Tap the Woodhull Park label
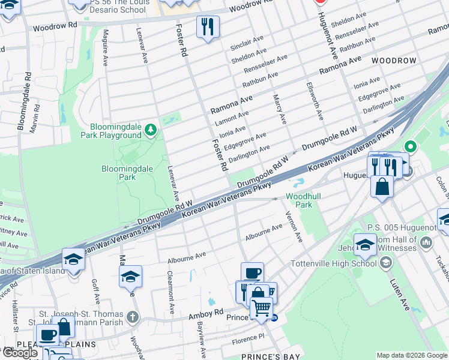click(299, 200)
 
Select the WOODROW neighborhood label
click(393, 61)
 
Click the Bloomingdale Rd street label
click(24, 102)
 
